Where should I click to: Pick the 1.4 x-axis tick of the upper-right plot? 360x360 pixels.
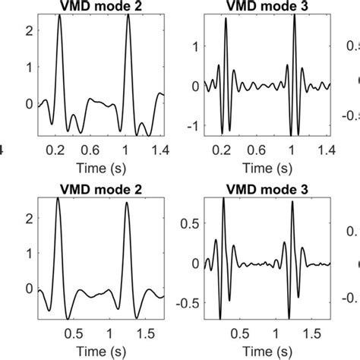[x=327, y=150]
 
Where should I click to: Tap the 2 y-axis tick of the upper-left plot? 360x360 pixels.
[x=30, y=30]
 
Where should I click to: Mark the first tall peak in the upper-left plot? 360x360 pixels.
[x=60, y=15]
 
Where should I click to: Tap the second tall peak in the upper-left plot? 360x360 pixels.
[x=129, y=15]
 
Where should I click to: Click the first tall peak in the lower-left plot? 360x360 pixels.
[x=58, y=199]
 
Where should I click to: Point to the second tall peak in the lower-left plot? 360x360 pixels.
[x=125, y=199]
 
